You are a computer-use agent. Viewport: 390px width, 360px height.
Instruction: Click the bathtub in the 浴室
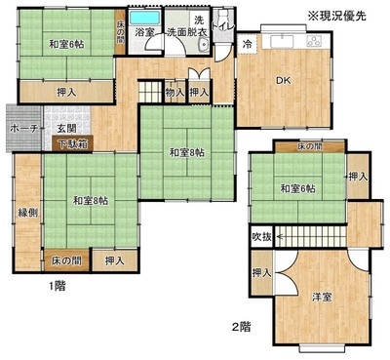[x=145, y=18]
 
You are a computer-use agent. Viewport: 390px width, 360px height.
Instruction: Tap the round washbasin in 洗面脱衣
[x=204, y=44]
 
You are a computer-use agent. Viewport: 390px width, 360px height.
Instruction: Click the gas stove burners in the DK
[x=315, y=41]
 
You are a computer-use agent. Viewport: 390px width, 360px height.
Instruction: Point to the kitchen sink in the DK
[x=282, y=41]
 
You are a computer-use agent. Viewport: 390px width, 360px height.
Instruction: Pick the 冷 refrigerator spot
[x=248, y=44]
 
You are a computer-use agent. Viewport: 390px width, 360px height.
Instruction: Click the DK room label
[x=284, y=81]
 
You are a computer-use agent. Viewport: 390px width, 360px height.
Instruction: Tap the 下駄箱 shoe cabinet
[x=73, y=143]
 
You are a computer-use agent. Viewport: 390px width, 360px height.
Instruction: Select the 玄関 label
[x=67, y=129]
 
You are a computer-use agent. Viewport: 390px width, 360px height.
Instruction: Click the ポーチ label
[x=24, y=129]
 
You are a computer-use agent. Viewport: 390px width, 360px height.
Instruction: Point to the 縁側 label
[x=27, y=213]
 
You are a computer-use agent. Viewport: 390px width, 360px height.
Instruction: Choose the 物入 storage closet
[x=175, y=93]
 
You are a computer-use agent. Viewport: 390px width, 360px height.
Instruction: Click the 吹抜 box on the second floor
[x=262, y=237]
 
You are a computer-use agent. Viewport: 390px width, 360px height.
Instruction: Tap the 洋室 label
[x=322, y=297]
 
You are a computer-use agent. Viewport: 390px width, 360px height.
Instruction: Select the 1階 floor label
[x=58, y=286]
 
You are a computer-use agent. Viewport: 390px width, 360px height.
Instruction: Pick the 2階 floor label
[x=242, y=326]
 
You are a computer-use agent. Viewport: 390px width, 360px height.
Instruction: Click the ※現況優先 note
[x=337, y=16]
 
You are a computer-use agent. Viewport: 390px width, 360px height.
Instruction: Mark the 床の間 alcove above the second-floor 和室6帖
[x=310, y=146]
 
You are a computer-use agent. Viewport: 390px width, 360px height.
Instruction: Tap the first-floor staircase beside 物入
[x=150, y=92]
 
